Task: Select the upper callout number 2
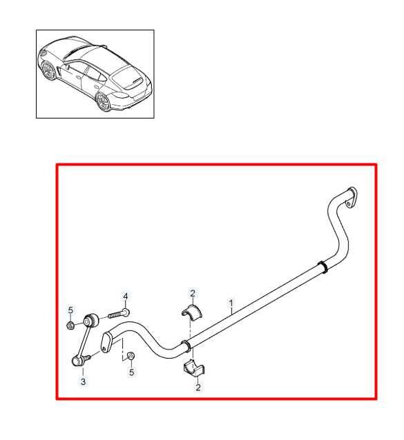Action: pyautogui.click(x=193, y=294)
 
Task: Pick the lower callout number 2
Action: pyautogui.click(x=198, y=388)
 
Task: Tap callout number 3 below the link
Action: pyautogui.click(x=83, y=381)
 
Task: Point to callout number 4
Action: pyautogui.click(x=126, y=297)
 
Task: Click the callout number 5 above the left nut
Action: pyautogui.click(x=70, y=308)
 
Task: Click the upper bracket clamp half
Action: pyautogui.click(x=192, y=313)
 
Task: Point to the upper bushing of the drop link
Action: pyautogui.click(x=88, y=321)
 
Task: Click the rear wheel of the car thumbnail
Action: pyautogui.click(x=104, y=102)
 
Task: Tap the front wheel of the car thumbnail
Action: pyautogui.click(x=48, y=72)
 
